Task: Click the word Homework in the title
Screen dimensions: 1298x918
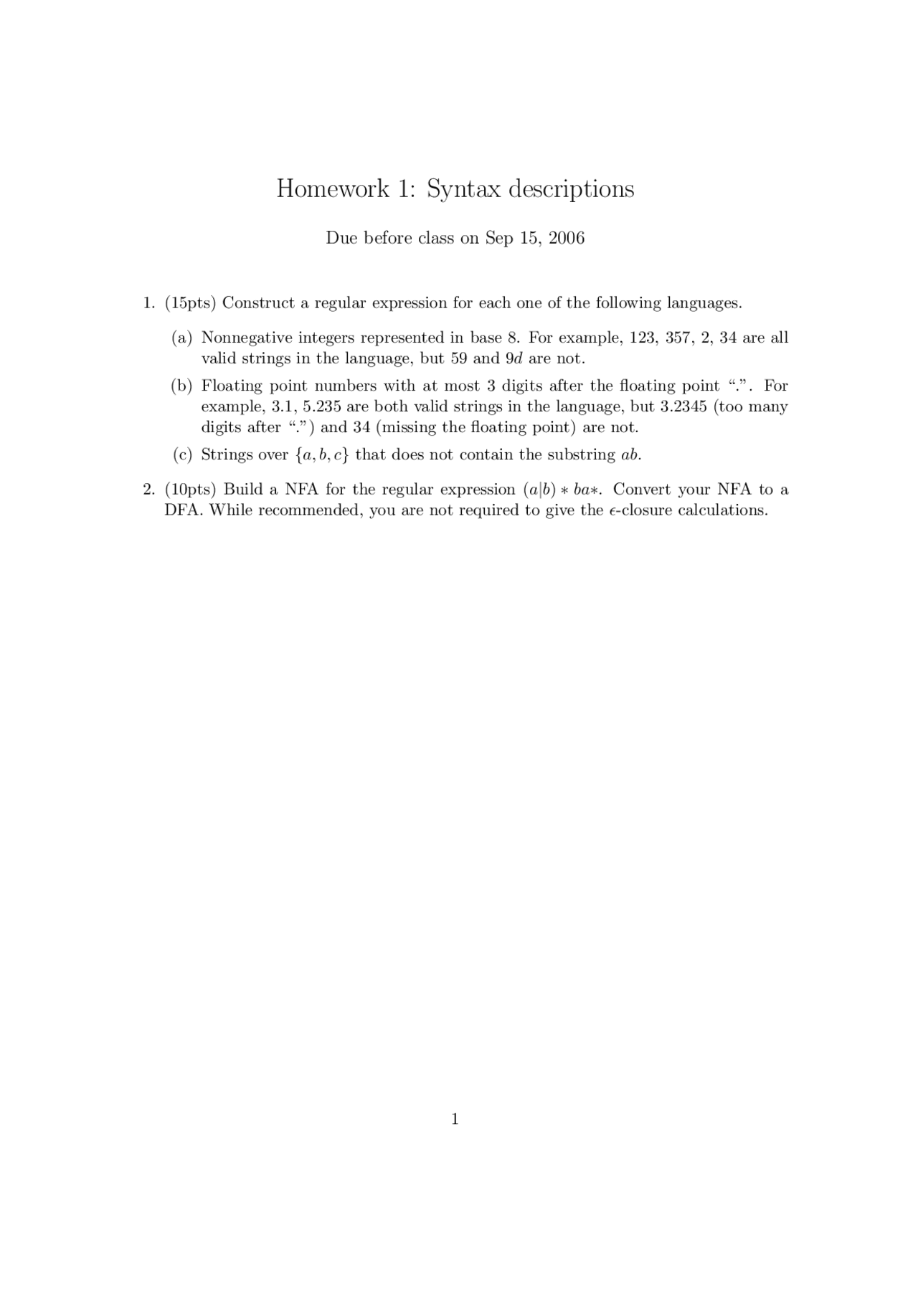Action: (x=333, y=189)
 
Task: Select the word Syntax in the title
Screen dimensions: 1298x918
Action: (x=463, y=189)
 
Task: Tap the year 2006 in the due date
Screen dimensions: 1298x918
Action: (x=567, y=238)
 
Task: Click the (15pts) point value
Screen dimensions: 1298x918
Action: (x=190, y=303)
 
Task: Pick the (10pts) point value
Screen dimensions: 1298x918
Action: (x=190, y=490)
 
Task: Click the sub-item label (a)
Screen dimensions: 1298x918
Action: (x=182, y=338)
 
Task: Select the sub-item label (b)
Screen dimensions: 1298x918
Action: (x=182, y=386)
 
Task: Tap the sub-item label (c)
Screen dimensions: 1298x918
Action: (x=182, y=455)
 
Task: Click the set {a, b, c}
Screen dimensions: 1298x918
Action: (x=321, y=455)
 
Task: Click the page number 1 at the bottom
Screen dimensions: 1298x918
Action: (x=455, y=1119)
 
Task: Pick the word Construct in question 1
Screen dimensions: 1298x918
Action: (x=258, y=303)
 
